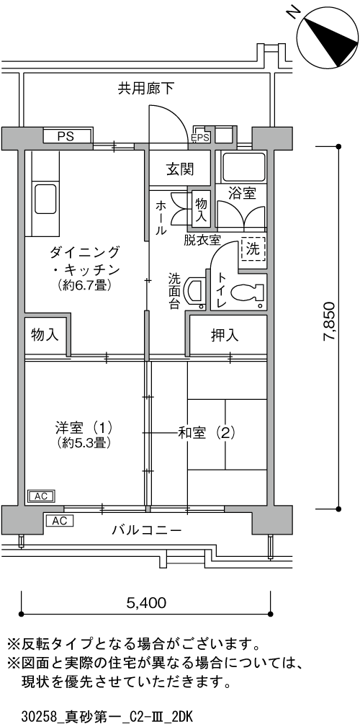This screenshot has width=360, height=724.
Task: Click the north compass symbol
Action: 328,37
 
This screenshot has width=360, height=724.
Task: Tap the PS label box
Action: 68,136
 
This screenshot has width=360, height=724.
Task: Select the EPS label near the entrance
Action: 201,137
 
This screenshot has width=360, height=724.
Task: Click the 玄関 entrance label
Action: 180,169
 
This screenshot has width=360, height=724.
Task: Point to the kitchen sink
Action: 45,199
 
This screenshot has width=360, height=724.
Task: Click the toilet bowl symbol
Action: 245,292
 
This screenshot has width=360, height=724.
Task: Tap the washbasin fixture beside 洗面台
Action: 194,292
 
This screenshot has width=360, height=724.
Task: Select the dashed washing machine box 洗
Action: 253,250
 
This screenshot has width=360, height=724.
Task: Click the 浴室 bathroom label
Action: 242,194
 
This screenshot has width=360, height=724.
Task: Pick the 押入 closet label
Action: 225,335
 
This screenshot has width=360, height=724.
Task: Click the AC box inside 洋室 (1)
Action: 41,496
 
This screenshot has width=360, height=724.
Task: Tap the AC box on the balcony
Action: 59,521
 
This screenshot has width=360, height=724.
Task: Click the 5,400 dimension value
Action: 146,602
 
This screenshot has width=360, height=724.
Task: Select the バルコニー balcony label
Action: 146,529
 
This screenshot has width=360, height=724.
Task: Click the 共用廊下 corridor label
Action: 146,88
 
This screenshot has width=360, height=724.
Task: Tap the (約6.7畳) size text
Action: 83,286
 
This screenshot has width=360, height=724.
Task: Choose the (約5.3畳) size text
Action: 84,443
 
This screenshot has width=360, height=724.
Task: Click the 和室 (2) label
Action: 207,433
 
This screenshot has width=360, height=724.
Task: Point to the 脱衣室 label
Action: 202,239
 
